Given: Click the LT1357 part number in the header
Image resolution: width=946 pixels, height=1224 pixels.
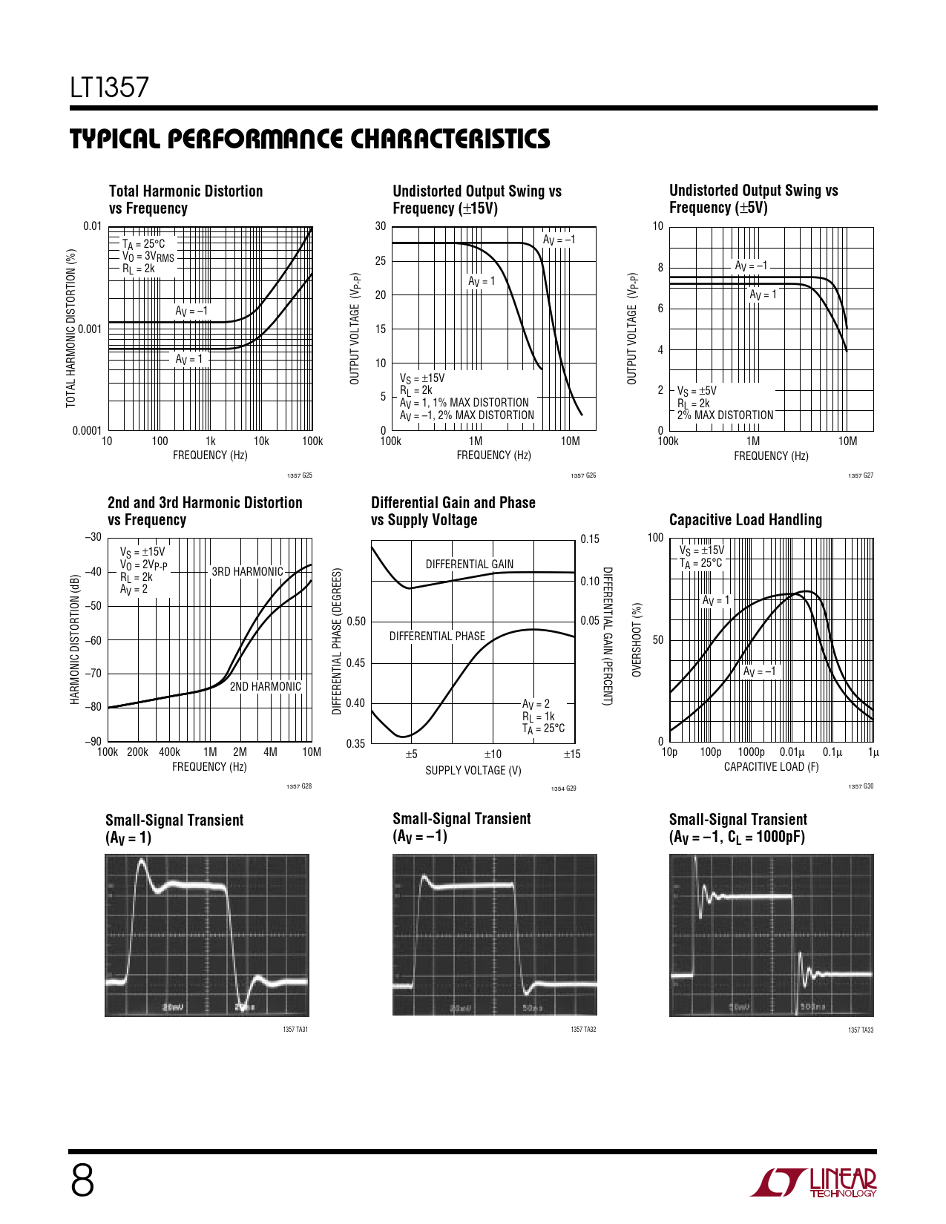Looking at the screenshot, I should (x=110, y=88).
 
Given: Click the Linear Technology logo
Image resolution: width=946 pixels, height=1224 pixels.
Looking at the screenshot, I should (x=813, y=1182).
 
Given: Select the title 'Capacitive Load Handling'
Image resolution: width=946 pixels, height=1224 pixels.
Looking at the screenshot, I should (x=745, y=520).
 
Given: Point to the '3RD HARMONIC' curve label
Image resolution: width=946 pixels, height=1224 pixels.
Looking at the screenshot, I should (x=247, y=571).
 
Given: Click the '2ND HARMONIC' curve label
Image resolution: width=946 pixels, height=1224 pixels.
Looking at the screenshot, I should (x=265, y=686).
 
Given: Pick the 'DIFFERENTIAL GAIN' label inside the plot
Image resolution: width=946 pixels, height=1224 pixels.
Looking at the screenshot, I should (x=469, y=564).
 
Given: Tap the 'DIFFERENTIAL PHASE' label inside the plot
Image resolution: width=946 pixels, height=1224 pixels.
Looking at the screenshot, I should (x=437, y=636).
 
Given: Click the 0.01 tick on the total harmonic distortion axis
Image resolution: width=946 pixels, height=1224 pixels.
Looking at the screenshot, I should (x=92, y=226).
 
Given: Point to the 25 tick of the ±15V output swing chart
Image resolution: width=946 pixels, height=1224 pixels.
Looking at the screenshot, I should (x=381, y=260).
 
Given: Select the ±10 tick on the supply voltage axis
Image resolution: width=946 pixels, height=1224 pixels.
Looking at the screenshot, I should (x=493, y=754).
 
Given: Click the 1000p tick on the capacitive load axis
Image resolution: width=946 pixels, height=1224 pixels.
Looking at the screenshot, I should (x=751, y=752).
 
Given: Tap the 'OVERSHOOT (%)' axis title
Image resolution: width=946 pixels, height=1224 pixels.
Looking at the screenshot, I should (x=637, y=639).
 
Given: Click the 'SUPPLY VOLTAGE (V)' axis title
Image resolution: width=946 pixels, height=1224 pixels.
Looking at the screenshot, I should (x=473, y=771).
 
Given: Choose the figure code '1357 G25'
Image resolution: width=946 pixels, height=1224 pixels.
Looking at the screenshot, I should (x=299, y=476).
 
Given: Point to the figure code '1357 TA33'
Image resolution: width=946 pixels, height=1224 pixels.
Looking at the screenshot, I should (x=861, y=1030).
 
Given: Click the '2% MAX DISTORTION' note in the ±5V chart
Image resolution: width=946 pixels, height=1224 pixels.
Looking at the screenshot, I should (x=725, y=415).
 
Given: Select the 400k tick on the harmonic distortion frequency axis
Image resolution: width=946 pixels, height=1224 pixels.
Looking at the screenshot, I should (x=169, y=752).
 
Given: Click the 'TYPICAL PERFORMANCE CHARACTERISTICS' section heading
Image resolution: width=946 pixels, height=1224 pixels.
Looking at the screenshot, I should (x=310, y=139).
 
